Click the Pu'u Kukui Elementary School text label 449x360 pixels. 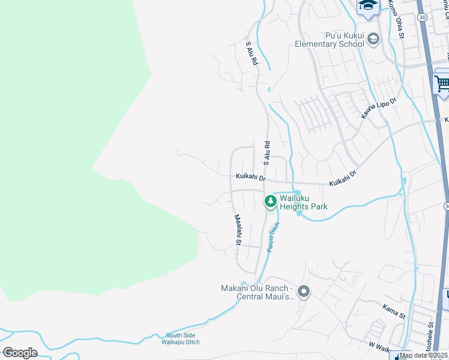point(329,40)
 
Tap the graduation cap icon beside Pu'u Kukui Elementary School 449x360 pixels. point(373,40)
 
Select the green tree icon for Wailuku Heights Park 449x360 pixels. point(271,202)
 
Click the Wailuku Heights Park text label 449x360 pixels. point(303,202)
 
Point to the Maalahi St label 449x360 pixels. point(238,230)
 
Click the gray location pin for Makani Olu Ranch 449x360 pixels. point(304,292)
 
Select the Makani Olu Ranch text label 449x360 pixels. point(257,292)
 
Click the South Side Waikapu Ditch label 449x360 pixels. point(182,339)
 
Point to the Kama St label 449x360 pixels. point(394,311)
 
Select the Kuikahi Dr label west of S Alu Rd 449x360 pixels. point(250,176)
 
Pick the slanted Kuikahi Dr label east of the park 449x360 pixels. point(343,176)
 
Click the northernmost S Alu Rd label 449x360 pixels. point(252,53)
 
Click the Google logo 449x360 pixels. point(20,352)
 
